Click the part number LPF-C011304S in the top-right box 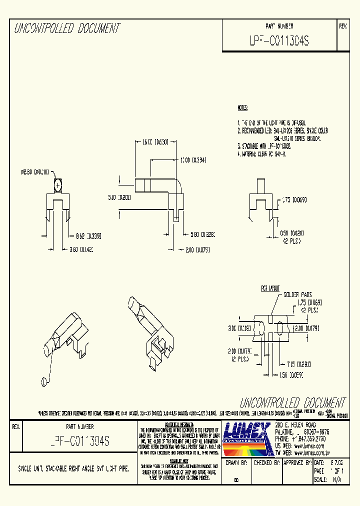click(279, 41)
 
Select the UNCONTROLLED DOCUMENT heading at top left click(67, 28)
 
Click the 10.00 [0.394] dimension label click(193, 160)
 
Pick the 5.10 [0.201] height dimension click(119, 197)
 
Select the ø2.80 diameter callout click(34, 172)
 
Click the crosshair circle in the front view click(58, 186)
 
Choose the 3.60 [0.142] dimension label click(80, 248)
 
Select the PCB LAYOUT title click(270, 289)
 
